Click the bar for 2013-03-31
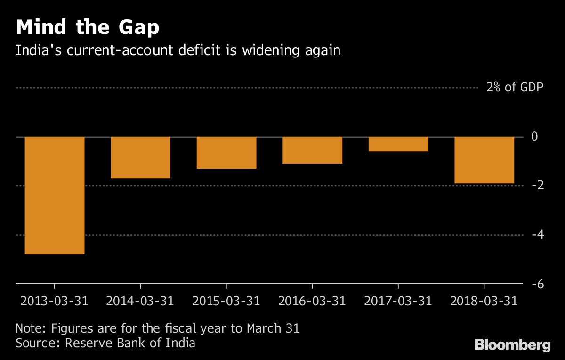[x=55, y=195]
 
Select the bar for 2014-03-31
[x=140, y=157]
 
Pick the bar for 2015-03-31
[x=226, y=152]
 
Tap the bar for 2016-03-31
[x=312, y=150]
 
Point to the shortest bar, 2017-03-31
[x=398, y=144]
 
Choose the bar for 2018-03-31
[x=484, y=160]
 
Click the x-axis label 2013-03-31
[x=55, y=301]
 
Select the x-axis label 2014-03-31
[x=140, y=301]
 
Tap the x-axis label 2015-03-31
[x=226, y=301]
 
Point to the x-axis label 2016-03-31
[x=312, y=301]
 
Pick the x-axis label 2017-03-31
[x=398, y=301]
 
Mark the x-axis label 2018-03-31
[x=484, y=301]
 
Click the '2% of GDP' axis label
[x=515, y=88]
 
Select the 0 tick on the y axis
[x=534, y=137]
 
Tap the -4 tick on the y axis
[x=537, y=234]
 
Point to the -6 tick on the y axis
[x=537, y=284]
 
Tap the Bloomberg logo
[x=512, y=344]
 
